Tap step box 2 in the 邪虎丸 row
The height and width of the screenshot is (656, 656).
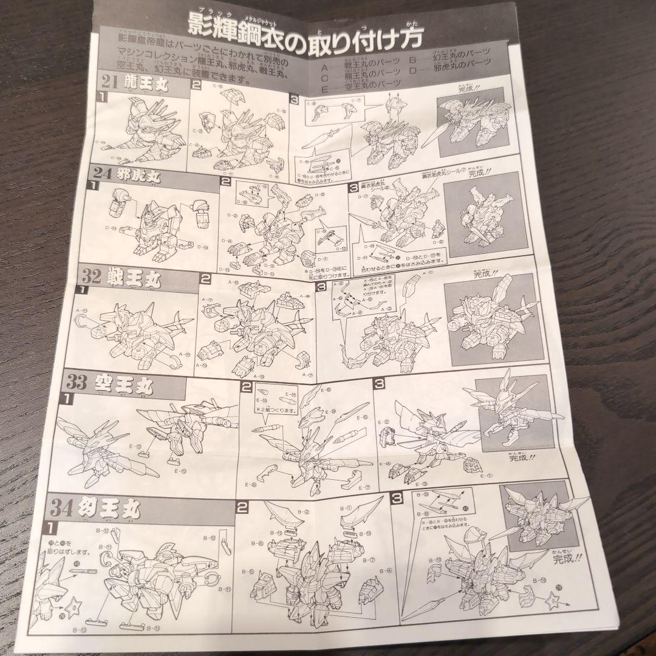pos(225,181)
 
